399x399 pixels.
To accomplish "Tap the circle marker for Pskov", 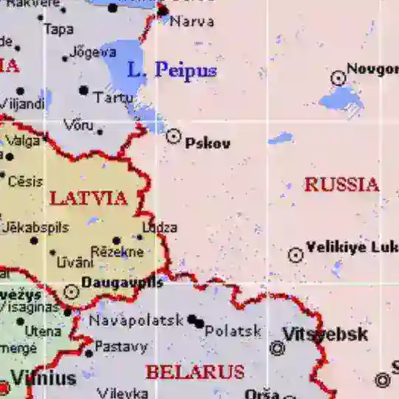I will pos(174,136).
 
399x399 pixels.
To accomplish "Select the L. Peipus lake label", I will pos(171,71).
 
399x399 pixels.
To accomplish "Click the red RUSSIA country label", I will pos(341,184).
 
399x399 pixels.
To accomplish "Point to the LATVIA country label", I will pos(88,198).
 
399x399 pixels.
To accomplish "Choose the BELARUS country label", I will pos(194,372).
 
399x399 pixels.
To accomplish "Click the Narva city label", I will pos(192,21).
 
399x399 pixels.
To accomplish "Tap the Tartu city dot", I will pos(83,91).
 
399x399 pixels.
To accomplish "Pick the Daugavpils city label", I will pos(122,282).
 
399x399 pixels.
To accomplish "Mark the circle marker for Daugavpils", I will pos(71,292).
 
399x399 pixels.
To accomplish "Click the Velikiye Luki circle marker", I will pos(296,256).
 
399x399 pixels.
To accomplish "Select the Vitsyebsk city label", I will pos(325,334).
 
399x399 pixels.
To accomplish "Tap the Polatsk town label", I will pos(233,331).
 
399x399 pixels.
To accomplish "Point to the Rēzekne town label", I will pos(117,252).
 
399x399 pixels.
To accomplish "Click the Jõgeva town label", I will pos(93,52).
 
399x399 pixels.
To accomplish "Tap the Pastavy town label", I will pos(122,346).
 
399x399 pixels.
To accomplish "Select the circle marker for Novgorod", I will pos(338,77).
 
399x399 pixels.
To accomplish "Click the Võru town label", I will pos(79,125).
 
